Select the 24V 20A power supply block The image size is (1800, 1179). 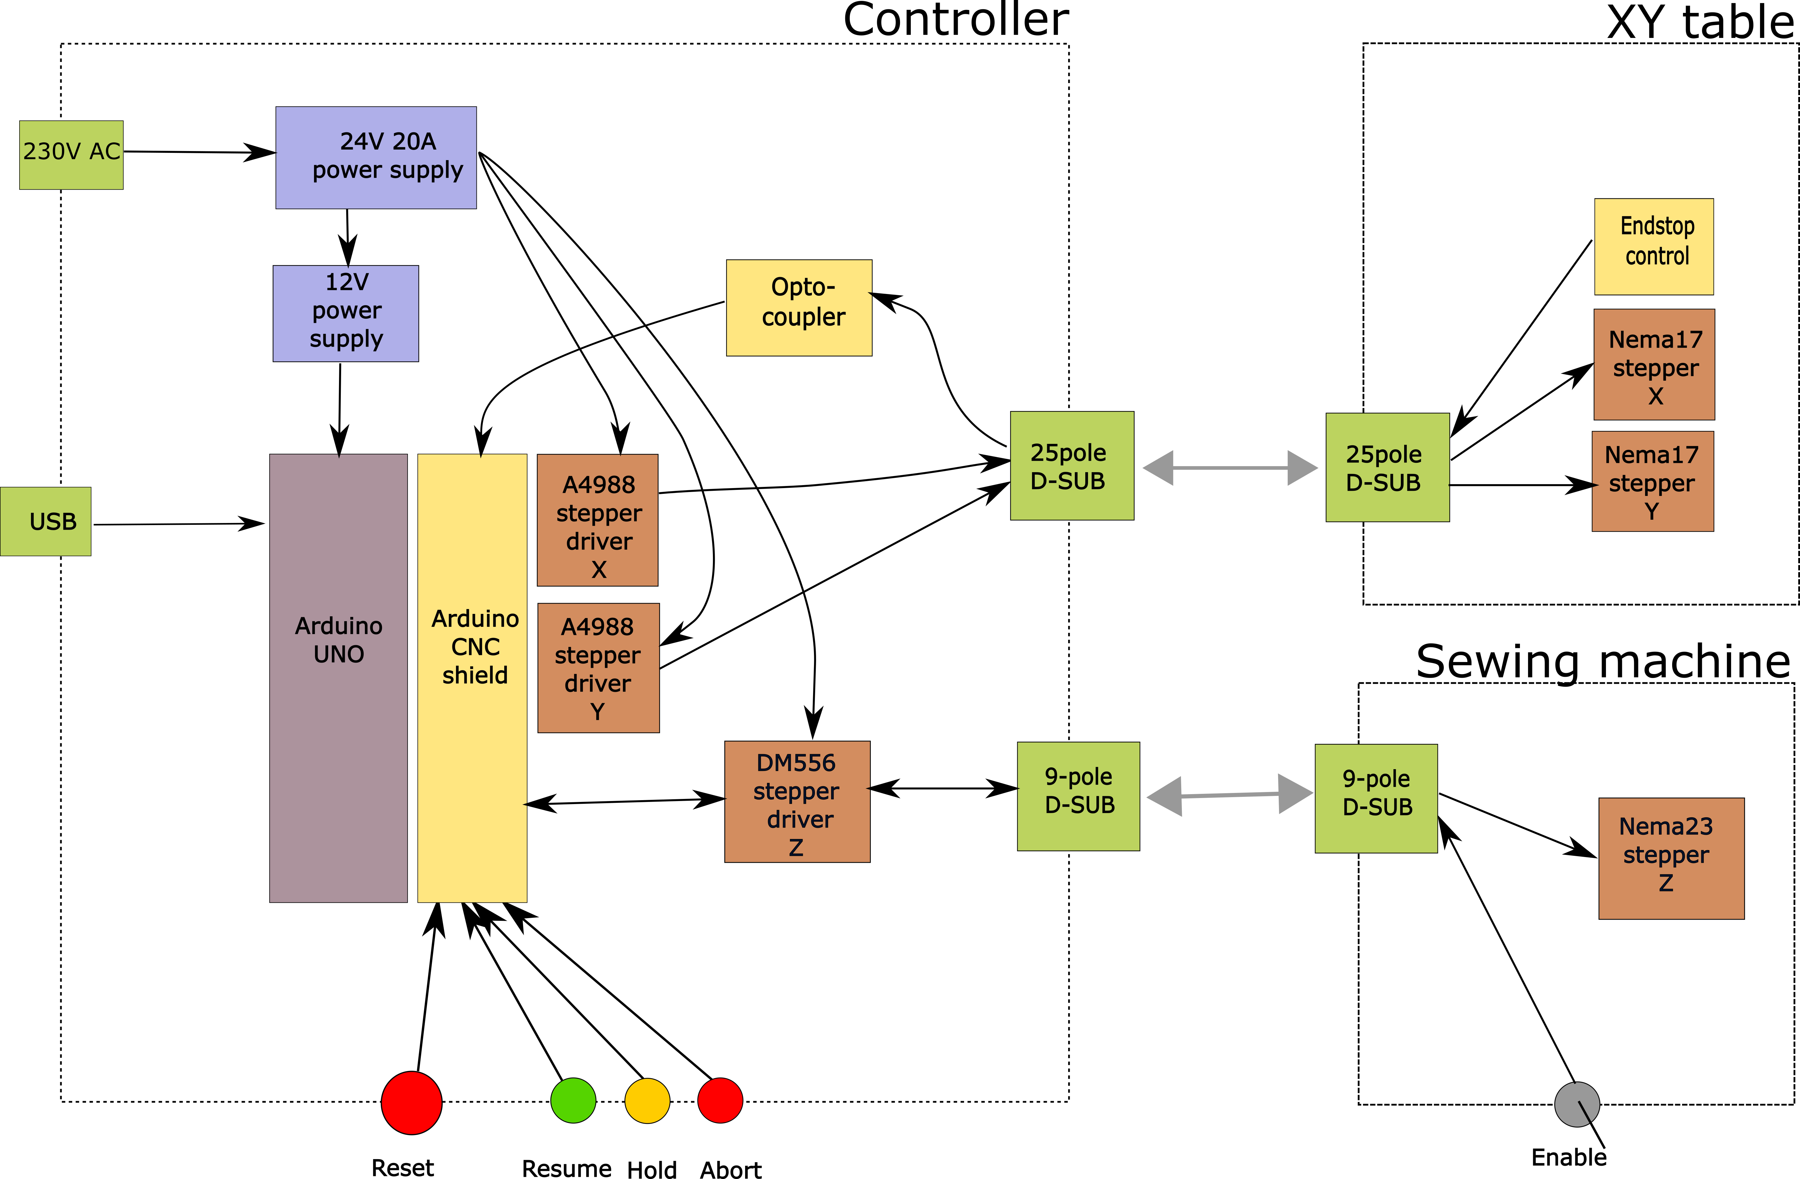point(376,157)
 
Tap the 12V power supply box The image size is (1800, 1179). point(346,313)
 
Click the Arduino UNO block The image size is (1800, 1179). point(338,677)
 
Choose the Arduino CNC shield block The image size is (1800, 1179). point(472,677)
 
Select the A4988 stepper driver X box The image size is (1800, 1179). point(597,520)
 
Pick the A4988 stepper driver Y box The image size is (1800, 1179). point(598,667)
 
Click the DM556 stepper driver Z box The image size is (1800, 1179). point(797,801)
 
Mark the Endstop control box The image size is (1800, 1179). point(1654,247)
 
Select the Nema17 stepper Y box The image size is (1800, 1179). point(1653,481)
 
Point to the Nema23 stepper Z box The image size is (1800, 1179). point(1672,858)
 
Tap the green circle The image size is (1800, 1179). point(573,1100)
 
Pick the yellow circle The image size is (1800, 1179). point(647,1100)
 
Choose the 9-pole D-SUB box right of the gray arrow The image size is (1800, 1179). point(1376,798)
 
